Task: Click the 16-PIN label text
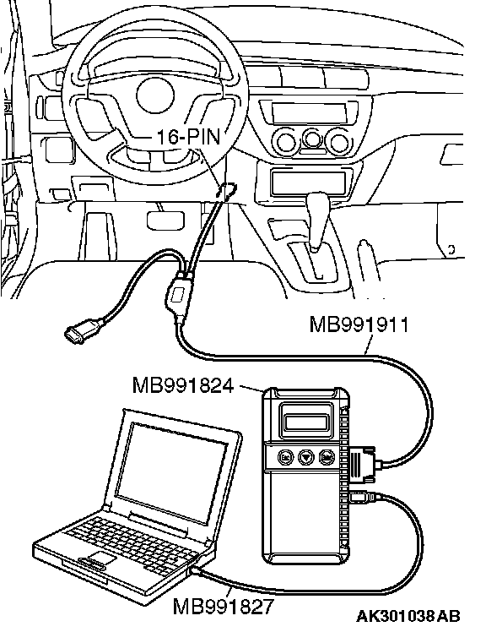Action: click(x=188, y=137)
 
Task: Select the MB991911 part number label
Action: click(x=359, y=324)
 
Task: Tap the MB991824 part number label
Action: click(x=183, y=385)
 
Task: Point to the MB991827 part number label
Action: click(x=223, y=606)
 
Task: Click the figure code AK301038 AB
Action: click(x=408, y=616)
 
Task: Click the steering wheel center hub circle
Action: click(x=155, y=95)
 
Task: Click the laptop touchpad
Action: click(x=102, y=558)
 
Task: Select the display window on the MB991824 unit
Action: click(x=305, y=422)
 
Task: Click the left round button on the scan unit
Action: click(x=285, y=457)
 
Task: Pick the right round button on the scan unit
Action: click(x=326, y=457)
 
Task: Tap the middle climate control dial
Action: click(x=311, y=139)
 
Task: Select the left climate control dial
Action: click(x=286, y=141)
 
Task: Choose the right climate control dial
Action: click(x=338, y=141)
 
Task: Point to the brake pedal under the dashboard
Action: click(x=165, y=220)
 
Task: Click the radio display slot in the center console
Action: click(x=310, y=113)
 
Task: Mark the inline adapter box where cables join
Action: click(x=178, y=297)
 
